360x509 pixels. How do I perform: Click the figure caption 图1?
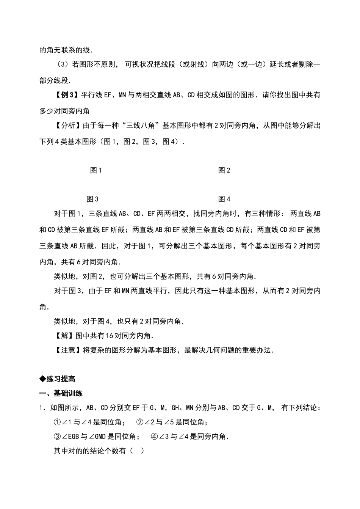pyautogui.click(x=96, y=170)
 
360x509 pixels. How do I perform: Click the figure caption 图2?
pyautogui.click(x=224, y=170)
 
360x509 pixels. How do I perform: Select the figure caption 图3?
pyautogui.click(x=92, y=199)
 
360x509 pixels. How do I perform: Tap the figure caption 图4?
pyautogui.click(x=224, y=199)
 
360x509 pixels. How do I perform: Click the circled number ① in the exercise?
pyautogui.click(x=58, y=422)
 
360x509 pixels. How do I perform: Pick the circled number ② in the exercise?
pyautogui.click(x=140, y=422)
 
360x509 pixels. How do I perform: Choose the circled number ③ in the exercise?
pyautogui.click(x=58, y=437)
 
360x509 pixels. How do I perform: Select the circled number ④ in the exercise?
pyautogui.click(x=154, y=437)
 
